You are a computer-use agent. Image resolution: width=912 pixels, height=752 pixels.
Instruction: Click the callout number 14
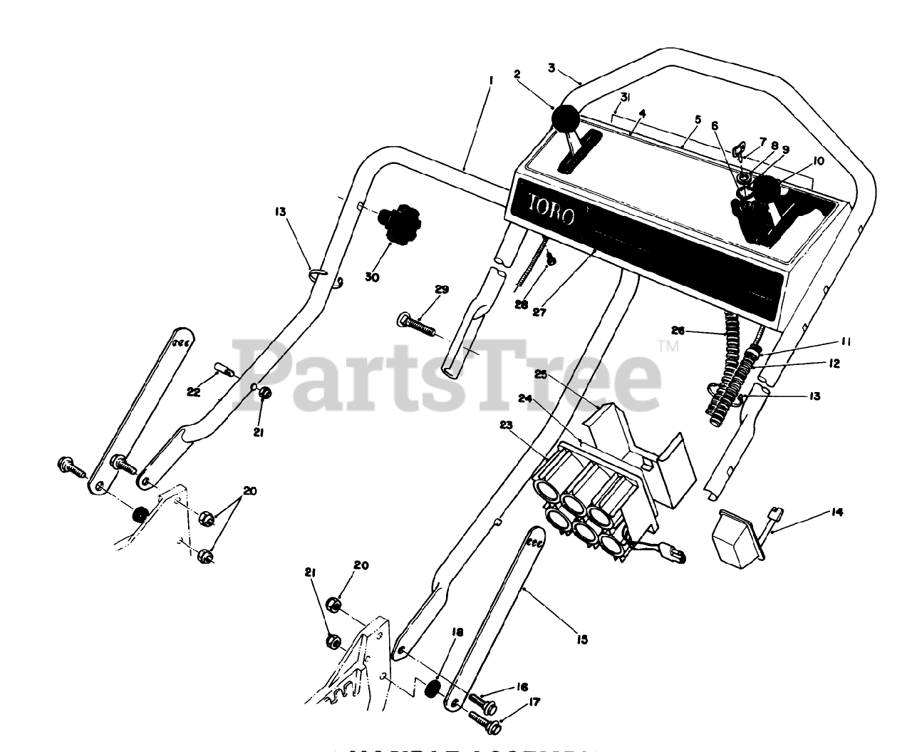[836, 511]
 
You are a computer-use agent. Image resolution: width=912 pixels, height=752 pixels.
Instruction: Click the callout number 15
[582, 639]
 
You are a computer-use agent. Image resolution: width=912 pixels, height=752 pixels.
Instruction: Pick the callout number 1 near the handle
[491, 82]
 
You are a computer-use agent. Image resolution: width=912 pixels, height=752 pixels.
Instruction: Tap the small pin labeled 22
[225, 371]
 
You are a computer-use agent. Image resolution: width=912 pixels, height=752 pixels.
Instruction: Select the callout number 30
[372, 277]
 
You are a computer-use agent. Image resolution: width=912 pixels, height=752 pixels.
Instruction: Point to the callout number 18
[457, 632]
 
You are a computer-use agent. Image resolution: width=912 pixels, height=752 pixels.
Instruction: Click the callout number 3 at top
[551, 68]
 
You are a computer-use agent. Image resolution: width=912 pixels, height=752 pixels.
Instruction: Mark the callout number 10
[817, 161]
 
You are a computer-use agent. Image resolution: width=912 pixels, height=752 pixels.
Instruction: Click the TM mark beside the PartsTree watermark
[669, 346]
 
